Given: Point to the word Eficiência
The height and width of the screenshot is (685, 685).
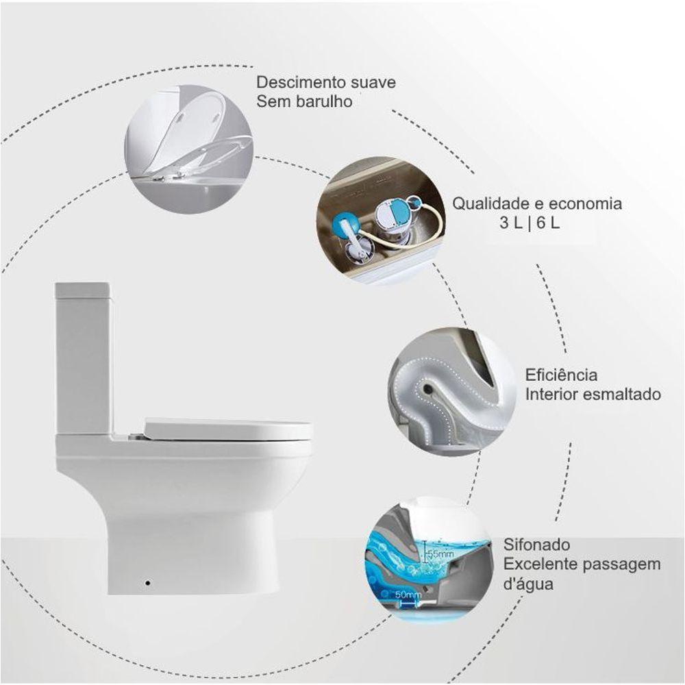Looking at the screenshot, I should pos(551,375).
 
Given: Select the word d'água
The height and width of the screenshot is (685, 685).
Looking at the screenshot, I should pos(529,585).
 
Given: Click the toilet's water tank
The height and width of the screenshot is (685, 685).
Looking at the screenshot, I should pos(83,356).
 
